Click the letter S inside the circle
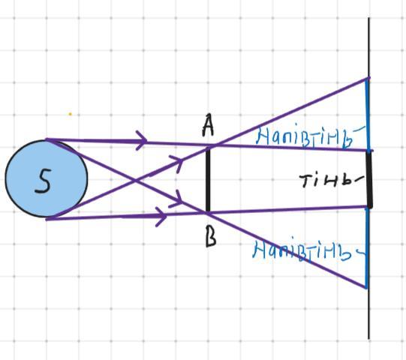(43, 181)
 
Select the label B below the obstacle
(211, 237)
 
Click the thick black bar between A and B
(208, 179)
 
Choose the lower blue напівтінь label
(308, 249)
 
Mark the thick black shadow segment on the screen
(369, 179)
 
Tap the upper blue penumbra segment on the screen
(367, 115)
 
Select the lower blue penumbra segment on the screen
(367, 248)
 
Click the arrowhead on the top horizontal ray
(142, 140)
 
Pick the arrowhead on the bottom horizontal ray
(161, 216)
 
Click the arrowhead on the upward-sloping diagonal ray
(176, 163)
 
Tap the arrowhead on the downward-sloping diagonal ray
(176, 199)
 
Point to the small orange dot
(70, 114)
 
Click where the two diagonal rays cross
(135, 179)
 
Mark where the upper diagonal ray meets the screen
(368, 78)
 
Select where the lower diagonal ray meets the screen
(367, 287)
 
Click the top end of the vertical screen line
(369, 18)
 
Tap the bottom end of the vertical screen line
(369, 339)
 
